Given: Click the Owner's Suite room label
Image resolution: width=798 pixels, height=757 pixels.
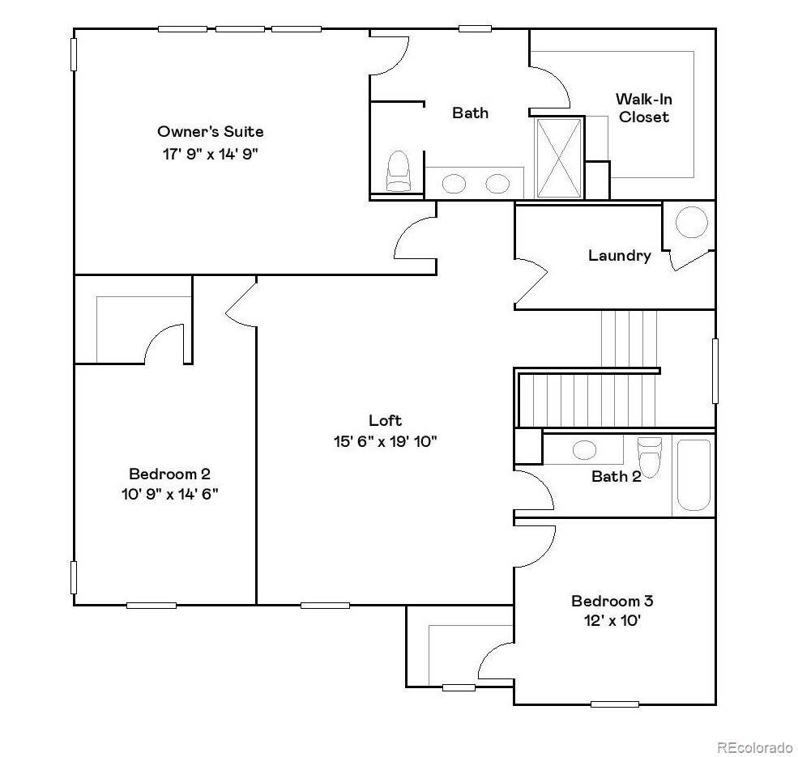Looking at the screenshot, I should tap(210, 131).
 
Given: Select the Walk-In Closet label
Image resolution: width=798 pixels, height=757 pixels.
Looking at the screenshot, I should tap(643, 108).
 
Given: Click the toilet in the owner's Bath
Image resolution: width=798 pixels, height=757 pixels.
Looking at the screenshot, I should tap(398, 171).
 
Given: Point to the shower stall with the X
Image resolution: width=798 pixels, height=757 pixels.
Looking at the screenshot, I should tap(559, 158).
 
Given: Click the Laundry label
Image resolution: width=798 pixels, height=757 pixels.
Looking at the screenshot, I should tap(619, 256).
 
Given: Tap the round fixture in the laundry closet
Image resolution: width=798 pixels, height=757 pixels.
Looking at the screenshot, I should tap(691, 222).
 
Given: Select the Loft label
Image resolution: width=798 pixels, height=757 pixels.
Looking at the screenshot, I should tap(385, 420).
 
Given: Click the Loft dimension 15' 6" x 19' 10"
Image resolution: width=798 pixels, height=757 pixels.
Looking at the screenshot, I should tap(385, 441).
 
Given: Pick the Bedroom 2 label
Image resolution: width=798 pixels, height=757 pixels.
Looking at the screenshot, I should tap(169, 474).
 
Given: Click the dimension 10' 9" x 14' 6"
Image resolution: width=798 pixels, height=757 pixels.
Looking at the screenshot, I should tap(169, 494).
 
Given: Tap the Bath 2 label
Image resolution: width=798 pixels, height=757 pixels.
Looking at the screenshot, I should tap(616, 476).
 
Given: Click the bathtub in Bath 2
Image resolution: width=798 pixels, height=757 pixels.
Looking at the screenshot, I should tap(693, 475).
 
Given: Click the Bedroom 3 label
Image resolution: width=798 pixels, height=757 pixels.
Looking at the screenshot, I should tap(612, 601).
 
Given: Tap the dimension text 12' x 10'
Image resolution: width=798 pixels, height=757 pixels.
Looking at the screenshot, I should tap(612, 621).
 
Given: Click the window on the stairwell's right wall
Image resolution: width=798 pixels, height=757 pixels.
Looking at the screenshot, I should tap(715, 371).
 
